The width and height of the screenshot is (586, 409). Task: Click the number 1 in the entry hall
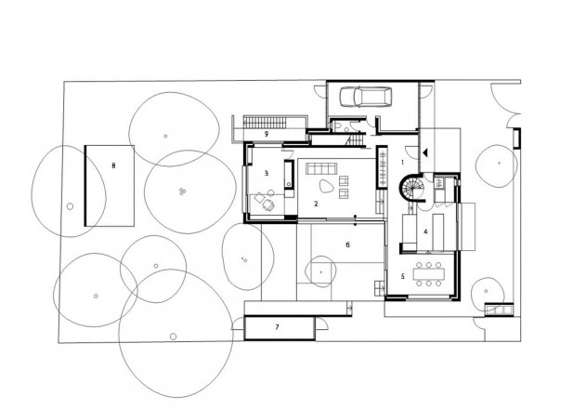[x=402, y=163]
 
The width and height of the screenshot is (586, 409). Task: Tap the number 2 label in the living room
[x=316, y=204]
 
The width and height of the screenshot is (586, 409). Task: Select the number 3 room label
[x=267, y=173]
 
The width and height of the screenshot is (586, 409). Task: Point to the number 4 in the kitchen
[x=425, y=232]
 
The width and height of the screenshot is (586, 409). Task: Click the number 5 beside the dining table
[x=402, y=276]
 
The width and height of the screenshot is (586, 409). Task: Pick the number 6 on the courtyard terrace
[x=347, y=244]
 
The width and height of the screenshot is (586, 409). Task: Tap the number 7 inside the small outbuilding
[x=277, y=327]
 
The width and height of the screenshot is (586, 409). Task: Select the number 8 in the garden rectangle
[x=113, y=165]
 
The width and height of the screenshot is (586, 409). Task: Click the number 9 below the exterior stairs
[x=267, y=134]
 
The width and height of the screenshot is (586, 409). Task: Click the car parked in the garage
[x=366, y=97]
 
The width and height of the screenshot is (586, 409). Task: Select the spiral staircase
[x=411, y=187]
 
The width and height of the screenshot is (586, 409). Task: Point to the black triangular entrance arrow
[x=424, y=152]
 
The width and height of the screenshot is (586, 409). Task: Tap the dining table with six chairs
[x=429, y=274]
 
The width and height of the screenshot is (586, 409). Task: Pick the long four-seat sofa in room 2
[x=321, y=169]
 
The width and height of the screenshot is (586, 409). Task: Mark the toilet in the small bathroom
[x=336, y=125]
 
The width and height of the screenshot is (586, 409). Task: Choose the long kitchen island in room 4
[x=438, y=232]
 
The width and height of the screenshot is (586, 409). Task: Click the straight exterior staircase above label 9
[x=266, y=123]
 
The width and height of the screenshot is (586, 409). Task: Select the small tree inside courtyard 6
[x=320, y=272]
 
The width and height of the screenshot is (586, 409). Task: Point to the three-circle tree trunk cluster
[x=182, y=191]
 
